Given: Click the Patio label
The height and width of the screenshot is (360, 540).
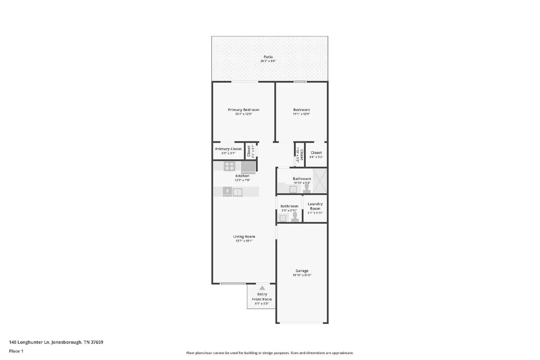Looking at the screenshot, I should coord(268,57).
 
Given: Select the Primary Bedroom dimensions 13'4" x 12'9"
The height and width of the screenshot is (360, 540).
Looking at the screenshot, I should coord(243,114).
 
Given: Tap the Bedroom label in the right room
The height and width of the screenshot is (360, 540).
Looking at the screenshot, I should coord(301,110).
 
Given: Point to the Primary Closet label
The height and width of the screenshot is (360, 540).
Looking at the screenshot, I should coord(228,149).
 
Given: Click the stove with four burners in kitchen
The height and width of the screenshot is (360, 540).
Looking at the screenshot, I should coord(230,166).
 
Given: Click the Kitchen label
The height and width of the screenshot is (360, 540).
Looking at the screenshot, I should coord(242,176).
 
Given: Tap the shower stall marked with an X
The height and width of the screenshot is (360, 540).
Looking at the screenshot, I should coord(320,181).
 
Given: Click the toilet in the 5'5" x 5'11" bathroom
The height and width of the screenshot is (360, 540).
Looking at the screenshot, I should coord(295,217).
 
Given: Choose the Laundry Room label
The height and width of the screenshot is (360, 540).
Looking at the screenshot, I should coord(315,206).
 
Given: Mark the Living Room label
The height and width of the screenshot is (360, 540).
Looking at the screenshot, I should coord(244,237).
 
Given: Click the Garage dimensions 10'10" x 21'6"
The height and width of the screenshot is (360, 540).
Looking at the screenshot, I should coord(302,275).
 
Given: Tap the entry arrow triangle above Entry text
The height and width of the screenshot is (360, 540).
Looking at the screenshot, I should coord(262,288).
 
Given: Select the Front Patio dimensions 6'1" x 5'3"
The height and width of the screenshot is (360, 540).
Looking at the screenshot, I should coord(262,304).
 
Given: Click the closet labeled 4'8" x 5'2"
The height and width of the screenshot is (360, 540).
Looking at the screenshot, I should coord(316,155).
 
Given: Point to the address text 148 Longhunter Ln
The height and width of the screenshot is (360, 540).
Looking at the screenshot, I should coord(29,342).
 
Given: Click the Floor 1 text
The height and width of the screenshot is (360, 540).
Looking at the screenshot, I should coord(16,351).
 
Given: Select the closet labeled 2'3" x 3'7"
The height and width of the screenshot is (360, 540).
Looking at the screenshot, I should coord(250,151).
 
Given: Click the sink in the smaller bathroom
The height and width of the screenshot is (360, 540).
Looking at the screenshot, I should coord(283,218).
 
